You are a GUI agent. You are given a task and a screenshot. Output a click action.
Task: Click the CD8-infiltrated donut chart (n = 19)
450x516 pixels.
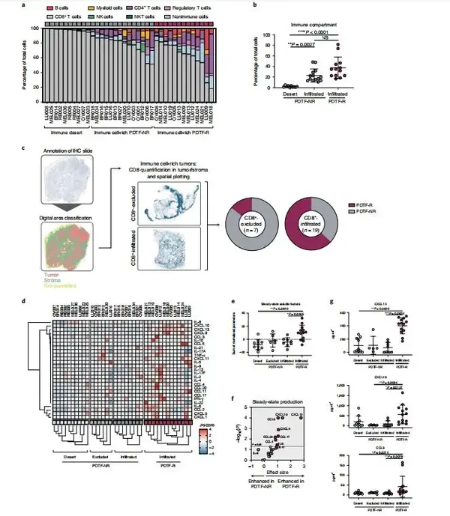315,222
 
